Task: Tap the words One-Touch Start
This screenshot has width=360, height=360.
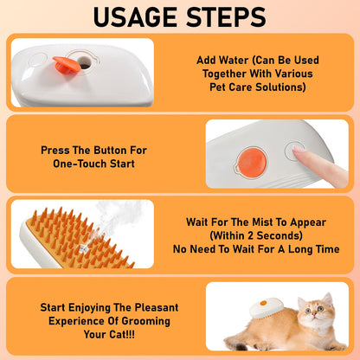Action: click(x=93, y=164)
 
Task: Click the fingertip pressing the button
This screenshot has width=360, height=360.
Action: click(x=299, y=152)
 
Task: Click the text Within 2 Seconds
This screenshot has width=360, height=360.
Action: click(x=257, y=235)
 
